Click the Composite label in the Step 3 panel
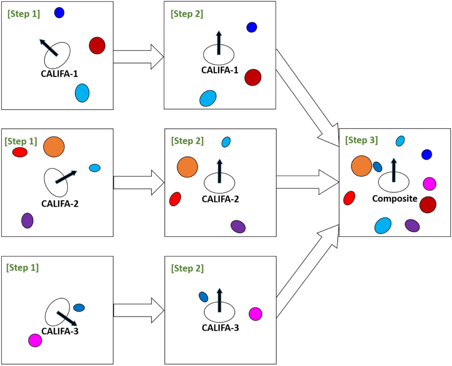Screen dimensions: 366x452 (x=394, y=199)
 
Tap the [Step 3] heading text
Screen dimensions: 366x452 (x=362, y=141)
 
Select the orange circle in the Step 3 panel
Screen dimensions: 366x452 (x=362, y=166)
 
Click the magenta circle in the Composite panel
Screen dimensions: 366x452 (x=429, y=183)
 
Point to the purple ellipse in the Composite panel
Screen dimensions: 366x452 (x=412, y=225)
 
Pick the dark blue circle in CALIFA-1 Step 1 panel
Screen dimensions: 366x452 (x=59, y=13)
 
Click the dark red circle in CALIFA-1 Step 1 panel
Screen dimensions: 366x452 (x=97, y=45)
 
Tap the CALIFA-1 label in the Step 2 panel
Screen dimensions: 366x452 (x=220, y=70)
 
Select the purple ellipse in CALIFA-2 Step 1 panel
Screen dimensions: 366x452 (x=27, y=220)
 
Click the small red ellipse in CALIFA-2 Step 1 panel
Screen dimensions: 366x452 (x=20, y=153)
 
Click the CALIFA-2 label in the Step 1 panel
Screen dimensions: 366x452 (x=60, y=204)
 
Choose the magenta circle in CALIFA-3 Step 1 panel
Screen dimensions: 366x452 (x=35, y=340)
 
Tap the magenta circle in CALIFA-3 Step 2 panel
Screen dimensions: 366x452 (x=255, y=314)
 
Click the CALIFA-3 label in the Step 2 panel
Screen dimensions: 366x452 (x=220, y=329)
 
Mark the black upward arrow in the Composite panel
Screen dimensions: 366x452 (x=394, y=170)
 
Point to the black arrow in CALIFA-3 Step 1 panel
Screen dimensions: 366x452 (x=67, y=318)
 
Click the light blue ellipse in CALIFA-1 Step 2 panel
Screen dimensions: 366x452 (x=207, y=98)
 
